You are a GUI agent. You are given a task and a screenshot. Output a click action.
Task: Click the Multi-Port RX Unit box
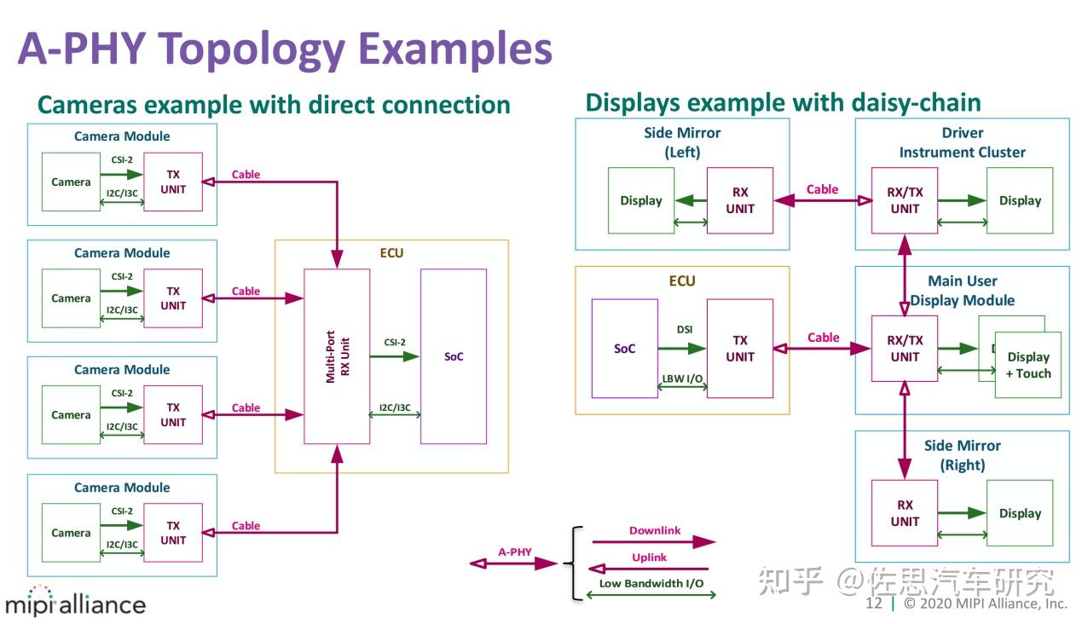click(x=337, y=356)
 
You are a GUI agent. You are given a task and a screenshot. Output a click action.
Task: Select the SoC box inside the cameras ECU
click(x=454, y=356)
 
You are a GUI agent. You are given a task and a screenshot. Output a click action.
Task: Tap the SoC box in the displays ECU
click(x=625, y=348)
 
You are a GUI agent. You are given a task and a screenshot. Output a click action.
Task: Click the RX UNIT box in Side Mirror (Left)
click(x=740, y=200)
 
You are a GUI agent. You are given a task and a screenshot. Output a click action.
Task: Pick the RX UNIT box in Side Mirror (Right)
click(x=905, y=513)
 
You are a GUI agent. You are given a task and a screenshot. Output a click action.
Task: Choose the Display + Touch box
click(x=1028, y=365)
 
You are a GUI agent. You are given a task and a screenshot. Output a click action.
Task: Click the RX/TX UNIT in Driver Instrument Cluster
click(x=905, y=200)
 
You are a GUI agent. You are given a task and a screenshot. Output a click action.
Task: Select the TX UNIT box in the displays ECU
click(x=740, y=348)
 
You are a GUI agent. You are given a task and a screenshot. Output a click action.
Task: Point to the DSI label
click(x=685, y=329)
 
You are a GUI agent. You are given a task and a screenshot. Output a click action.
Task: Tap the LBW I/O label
click(x=682, y=378)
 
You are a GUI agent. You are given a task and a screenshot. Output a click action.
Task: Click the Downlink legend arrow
click(x=654, y=542)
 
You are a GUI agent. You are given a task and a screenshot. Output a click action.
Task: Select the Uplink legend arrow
click(x=648, y=569)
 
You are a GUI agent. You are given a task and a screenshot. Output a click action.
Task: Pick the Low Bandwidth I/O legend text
click(x=651, y=583)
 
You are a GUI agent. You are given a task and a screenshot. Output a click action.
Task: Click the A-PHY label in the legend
click(x=515, y=552)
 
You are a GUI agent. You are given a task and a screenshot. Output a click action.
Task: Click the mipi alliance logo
click(x=75, y=601)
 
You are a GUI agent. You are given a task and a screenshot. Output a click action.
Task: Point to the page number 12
click(x=873, y=604)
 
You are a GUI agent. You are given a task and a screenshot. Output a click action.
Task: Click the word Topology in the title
click(x=252, y=49)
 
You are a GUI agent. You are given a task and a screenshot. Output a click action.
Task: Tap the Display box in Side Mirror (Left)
click(x=641, y=200)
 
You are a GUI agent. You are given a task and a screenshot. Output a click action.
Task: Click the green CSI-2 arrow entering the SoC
click(x=395, y=356)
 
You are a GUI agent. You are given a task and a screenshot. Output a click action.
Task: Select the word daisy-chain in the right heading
click(x=917, y=103)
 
